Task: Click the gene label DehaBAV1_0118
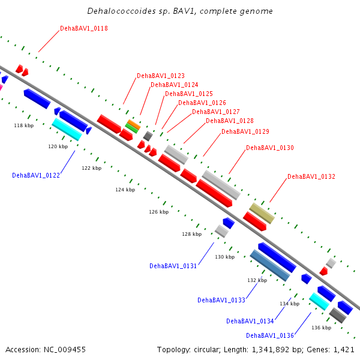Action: [x=84, y=28]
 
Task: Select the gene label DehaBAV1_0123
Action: [x=161, y=76]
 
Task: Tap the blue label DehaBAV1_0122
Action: [x=36, y=175]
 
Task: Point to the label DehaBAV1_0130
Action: [x=270, y=148]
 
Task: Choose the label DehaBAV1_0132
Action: [x=311, y=176]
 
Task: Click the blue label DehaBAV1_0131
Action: [x=173, y=266]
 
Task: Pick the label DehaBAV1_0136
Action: [x=270, y=335]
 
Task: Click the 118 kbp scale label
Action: [x=24, y=125]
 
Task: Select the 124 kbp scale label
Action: [x=125, y=190]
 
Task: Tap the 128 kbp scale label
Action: [x=192, y=234]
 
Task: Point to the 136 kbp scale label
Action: [x=322, y=328]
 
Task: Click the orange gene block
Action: [x=134, y=124]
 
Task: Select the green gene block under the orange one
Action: [x=132, y=128]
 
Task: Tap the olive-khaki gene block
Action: [x=262, y=213]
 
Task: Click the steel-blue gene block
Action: [x=270, y=266]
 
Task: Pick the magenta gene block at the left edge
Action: [x=1, y=88]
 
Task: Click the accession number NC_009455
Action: [x=65, y=350]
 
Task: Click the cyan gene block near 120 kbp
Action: [x=67, y=129]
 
